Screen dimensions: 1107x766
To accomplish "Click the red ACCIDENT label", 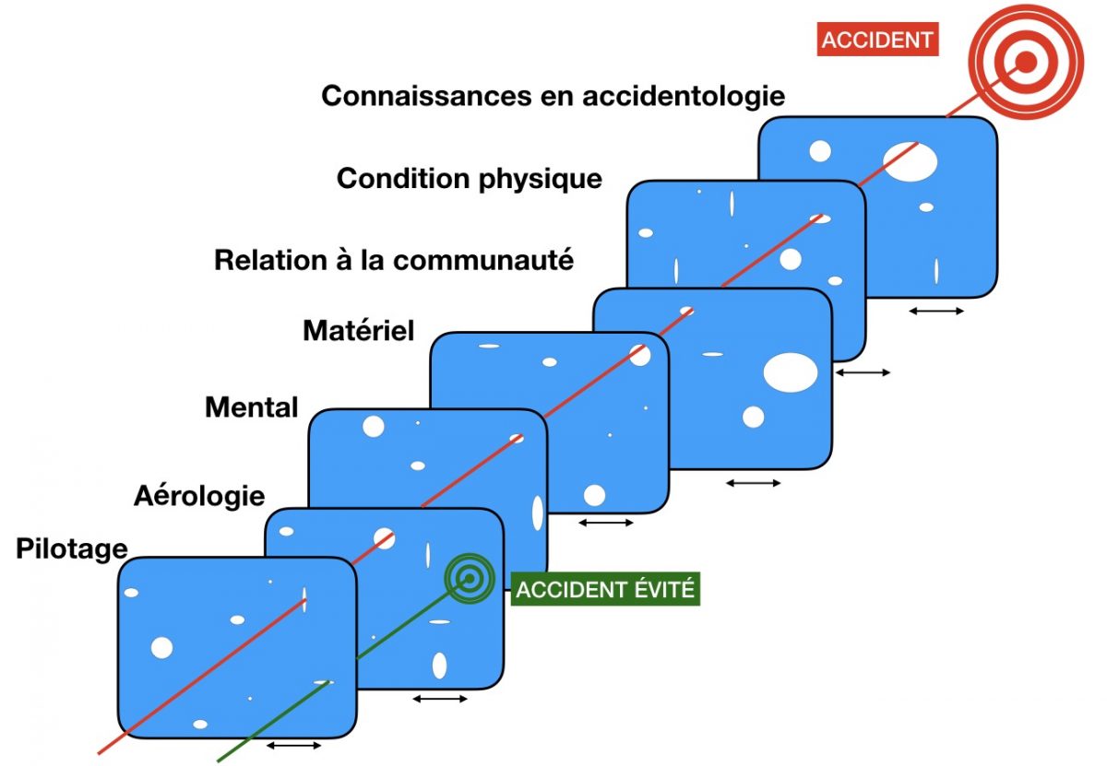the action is pos(877,40).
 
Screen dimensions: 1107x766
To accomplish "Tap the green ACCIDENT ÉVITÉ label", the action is pos(605,589).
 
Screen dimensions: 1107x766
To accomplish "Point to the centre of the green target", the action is pos(470,578).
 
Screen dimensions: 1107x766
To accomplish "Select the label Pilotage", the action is pos(72,549).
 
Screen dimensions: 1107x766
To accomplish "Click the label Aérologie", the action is pos(199,496).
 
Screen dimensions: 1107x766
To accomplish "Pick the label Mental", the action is pos(252,407).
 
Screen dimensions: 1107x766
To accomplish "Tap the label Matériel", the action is pos(359,330).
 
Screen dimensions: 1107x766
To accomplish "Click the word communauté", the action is pos(483,260).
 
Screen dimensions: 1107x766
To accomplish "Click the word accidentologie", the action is pos(684,96).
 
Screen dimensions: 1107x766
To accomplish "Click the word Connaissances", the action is pos(426,96).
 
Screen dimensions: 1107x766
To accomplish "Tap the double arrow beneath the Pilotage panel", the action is pos(293,745).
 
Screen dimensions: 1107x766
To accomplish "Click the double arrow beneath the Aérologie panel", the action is pos(440,699).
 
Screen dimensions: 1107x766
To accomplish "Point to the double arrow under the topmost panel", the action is pos(936,311).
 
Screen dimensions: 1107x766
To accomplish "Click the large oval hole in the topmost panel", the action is pos(910,161).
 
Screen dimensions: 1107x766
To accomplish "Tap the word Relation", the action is pos(271,260).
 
